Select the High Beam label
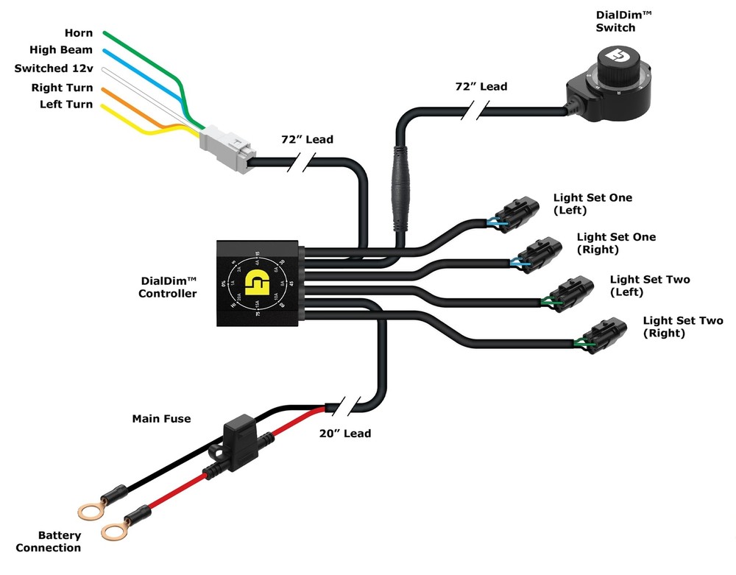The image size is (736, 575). point(61,50)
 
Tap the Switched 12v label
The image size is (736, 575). point(54,68)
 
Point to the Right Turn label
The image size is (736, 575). point(63,88)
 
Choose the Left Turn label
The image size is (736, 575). point(66,105)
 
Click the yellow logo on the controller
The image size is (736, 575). point(258,283)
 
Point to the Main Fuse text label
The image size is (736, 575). point(161,419)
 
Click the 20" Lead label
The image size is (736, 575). point(346,434)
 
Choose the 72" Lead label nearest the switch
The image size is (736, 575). point(481,87)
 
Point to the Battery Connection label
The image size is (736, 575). point(49,542)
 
